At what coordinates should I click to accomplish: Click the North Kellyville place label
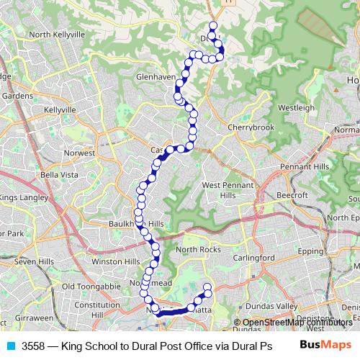tap(58, 34)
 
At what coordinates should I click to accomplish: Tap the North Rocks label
tap(197, 250)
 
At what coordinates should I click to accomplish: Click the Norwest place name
tap(80, 153)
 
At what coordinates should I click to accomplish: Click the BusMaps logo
tap(326, 345)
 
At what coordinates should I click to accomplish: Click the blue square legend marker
tap(10, 346)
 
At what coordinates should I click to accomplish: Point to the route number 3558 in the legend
tap(33, 346)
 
